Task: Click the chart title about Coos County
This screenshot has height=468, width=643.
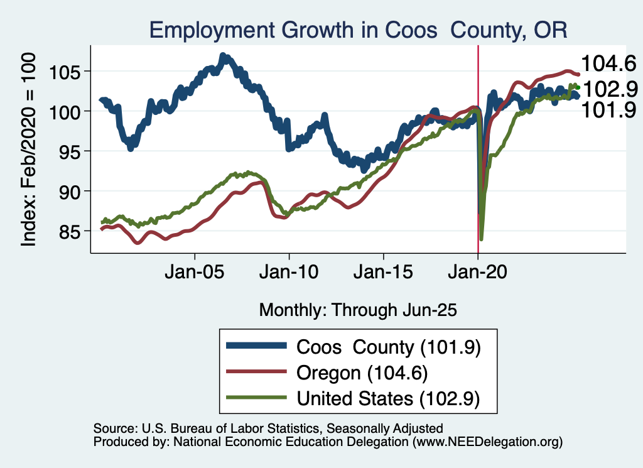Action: tap(357, 30)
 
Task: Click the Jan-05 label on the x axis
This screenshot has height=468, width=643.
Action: tap(195, 275)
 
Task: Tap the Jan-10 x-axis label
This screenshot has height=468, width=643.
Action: tap(289, 275)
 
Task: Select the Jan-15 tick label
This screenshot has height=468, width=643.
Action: tap(384, 275)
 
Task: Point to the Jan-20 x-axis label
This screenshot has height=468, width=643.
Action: tap(478, 275)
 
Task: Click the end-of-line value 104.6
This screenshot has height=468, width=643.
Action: tap(608, 63)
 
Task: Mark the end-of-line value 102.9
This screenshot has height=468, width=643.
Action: tap(608, 89)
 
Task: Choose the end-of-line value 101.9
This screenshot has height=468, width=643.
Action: tap(608, 110)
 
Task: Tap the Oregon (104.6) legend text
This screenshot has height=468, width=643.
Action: tap(362, 373)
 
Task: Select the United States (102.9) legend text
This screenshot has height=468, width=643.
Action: tap(388, 398)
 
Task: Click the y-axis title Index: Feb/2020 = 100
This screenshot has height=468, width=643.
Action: tap(29, 148)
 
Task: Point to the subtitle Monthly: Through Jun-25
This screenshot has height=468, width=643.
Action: tap(357, 310)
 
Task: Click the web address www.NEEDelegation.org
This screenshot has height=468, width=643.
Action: tap(487, 442)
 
